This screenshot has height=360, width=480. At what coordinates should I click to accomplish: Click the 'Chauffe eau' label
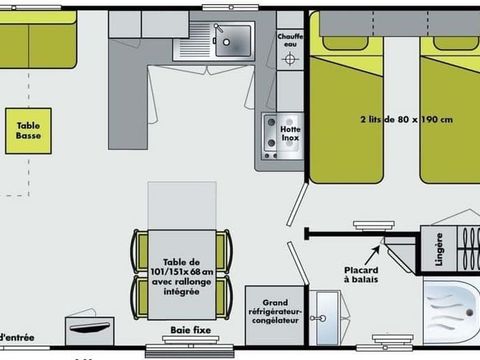(290, 38)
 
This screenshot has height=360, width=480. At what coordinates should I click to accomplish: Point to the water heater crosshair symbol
(290, 59)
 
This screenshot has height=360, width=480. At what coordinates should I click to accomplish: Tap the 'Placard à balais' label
(361, 273)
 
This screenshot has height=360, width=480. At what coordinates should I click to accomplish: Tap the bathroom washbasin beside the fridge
(325, 317)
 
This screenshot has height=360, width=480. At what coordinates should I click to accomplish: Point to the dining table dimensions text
(187, 273)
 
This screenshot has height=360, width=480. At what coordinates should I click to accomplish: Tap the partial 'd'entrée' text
(15, 336)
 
